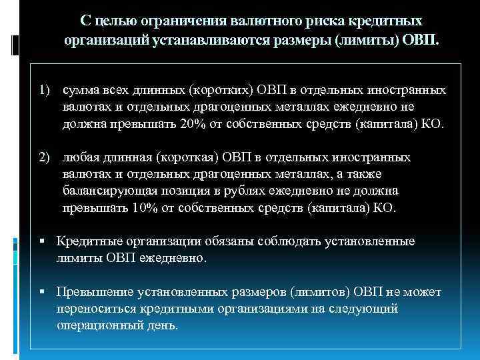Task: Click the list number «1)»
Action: pyautogui.click(x=45, y=89)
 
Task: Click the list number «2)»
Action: pyautogui.click(x=45, y=158)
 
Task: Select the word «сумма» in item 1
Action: pyautogui.click(x=78, y=89)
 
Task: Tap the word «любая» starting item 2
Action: pyautogui.click(x=79, y=158)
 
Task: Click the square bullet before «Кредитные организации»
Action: pyautogui.click(x=42, y=241)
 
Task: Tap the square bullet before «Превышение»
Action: pyautogui.click(x=42, y=293)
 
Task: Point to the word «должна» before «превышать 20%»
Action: pyautogui.click(x=83, y=124)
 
